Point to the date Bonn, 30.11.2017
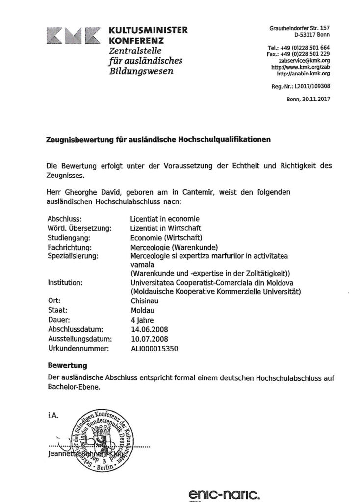(308, 99)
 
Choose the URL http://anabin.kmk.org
(303, 73)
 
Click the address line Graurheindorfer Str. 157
(299, 28)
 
